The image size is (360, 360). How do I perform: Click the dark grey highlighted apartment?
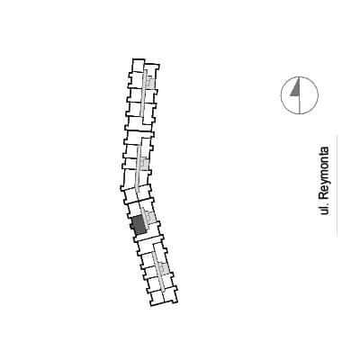(139, 225)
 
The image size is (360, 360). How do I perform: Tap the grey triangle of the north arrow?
(296, 89)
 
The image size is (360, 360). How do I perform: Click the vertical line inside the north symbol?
(300, 96)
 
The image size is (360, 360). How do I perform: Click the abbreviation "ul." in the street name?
(324, 209)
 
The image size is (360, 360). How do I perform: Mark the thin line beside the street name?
(337, 184)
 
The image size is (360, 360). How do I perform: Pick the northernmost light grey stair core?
(150, 81)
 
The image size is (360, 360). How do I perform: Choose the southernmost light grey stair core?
(163, 268)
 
